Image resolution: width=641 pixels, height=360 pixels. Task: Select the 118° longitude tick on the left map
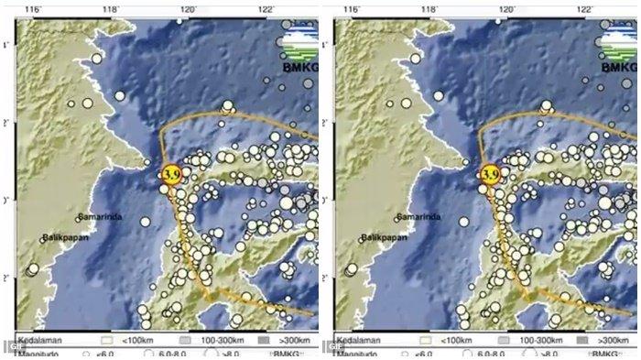111,9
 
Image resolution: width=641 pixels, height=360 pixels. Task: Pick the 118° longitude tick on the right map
430,9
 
